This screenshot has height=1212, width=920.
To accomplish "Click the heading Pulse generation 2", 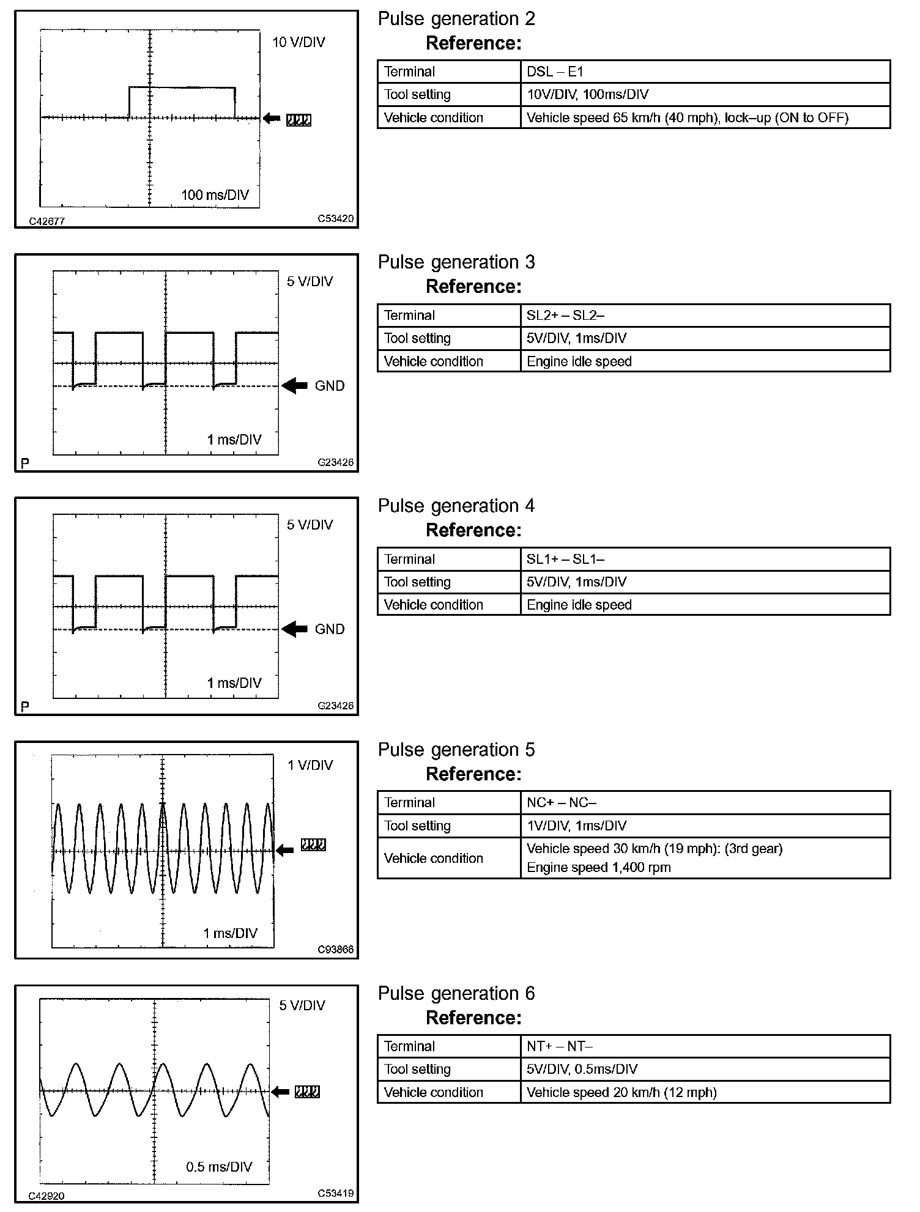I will (x=456, y=19).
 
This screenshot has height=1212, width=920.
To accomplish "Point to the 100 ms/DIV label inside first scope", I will (x=215, y=195).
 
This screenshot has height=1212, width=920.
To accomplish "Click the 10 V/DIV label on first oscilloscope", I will (x=299, y=42).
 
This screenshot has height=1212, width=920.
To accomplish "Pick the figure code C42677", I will (x=47, y=221).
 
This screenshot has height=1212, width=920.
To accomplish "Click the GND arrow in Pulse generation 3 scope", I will (x=295, y=386).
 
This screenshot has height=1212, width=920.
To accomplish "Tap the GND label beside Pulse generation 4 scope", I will (x=330, y=629).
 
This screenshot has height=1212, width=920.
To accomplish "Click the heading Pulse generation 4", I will (x=456, y=506).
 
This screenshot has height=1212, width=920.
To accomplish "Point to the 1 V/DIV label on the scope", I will (x=310, y=765).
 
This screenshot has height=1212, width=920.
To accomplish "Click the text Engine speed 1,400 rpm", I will (x=598, y=867).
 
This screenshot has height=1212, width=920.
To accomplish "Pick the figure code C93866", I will (x=335, y=950).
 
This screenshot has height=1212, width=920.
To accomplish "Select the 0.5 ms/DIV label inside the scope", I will (x=219, y=1166).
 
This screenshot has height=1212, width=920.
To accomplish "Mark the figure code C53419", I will (x=335, y=1193).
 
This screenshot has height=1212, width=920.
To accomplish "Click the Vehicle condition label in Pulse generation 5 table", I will (x=433, y=858).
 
